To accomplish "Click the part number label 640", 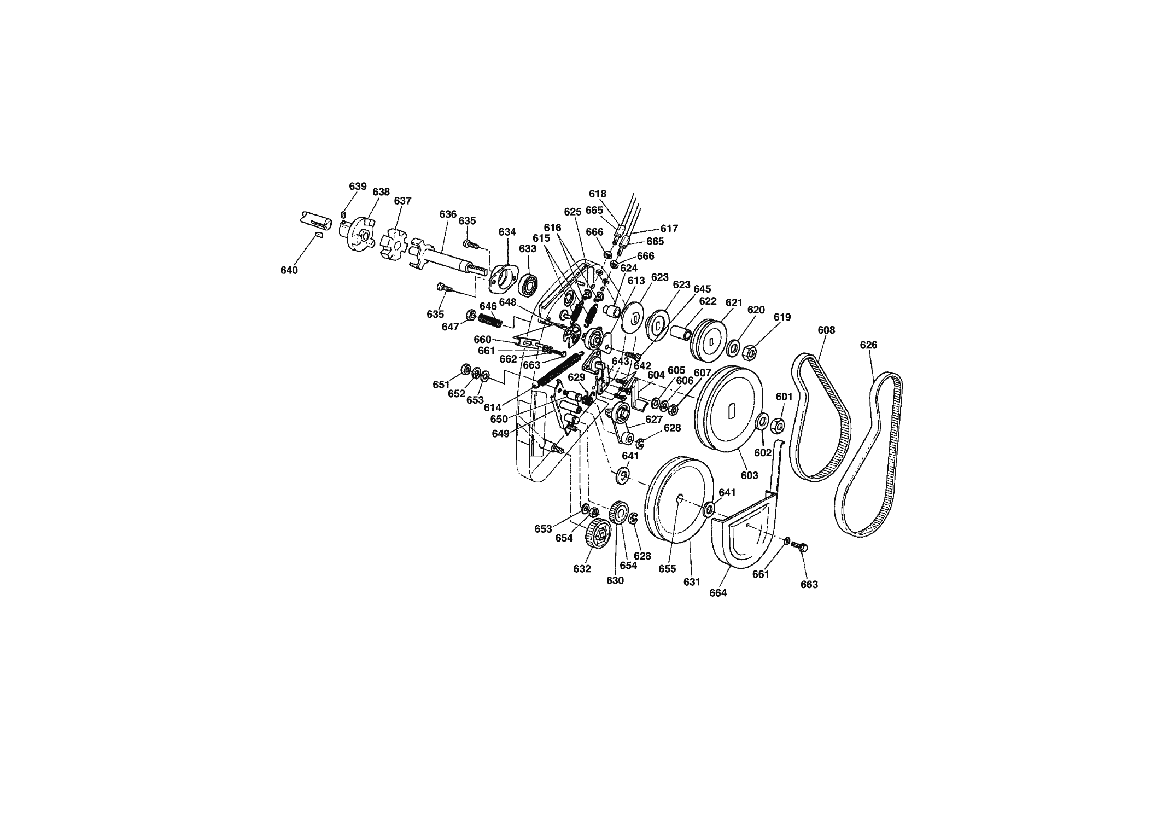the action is [x=289, y=270].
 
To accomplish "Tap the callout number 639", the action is [x=358, y=186].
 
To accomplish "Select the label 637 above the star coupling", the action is [x=402, y=201].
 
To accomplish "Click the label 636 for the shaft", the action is [x=448, y=214].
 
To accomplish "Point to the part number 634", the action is [x=507, y=232].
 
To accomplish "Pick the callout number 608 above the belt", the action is [x=826, y=330].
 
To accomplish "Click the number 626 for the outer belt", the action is [x=868, y=345].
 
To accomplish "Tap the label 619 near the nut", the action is [x=782, y=317].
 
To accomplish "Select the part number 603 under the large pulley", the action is [x=749, y=475].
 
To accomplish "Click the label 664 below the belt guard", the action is [x=718, y=592].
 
